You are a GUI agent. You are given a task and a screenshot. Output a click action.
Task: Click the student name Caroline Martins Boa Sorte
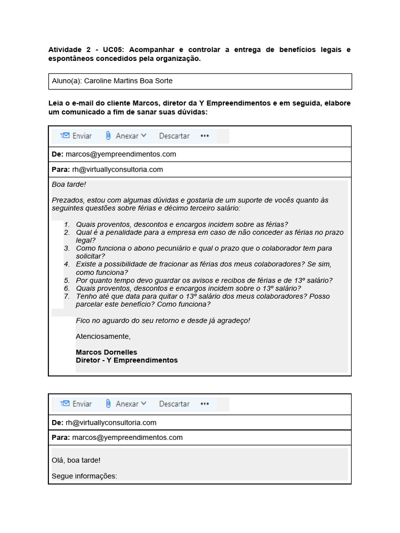tap(128, 81)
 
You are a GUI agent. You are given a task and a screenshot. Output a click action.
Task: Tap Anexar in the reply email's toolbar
tap(127, 404)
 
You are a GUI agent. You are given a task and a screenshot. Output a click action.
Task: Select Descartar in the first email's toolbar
tap(174, 136)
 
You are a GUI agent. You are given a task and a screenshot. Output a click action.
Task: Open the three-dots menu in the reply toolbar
tap(204, 404)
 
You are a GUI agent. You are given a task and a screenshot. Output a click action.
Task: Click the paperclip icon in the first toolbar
tap(108, 136)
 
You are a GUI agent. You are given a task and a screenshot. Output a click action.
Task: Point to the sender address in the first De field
tap(120, 154)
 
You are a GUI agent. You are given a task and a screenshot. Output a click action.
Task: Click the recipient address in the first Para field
tap(117, 169)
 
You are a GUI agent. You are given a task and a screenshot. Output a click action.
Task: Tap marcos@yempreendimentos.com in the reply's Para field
tap(127, 437)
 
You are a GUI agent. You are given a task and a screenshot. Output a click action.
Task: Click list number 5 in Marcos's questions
tap(67, 281)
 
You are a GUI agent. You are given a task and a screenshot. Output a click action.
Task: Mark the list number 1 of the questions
tap(67, 224)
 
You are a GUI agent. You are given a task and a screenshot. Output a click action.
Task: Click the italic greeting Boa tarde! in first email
tap(69, 184)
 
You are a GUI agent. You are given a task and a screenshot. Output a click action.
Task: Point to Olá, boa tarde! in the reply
tap(76, 460)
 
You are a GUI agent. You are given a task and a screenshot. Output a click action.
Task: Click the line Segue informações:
tap(84, 476)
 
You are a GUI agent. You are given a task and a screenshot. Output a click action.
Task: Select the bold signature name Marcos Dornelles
tap(106, 352)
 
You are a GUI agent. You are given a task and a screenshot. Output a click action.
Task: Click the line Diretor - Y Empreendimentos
tap(127, 360)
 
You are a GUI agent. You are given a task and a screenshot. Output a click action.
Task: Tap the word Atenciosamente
tap(103, 336)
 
